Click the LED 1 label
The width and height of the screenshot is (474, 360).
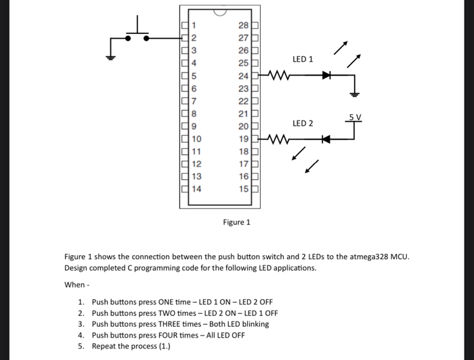(x=302, y=60)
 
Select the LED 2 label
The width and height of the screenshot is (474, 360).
(x=303, y=124)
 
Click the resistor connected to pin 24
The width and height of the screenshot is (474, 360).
(x=279, y=75)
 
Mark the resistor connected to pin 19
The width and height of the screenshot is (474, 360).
(x=279, y=141)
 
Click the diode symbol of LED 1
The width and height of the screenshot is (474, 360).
(x=326, y=75)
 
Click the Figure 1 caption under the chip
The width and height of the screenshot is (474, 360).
(x=236, y=222)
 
